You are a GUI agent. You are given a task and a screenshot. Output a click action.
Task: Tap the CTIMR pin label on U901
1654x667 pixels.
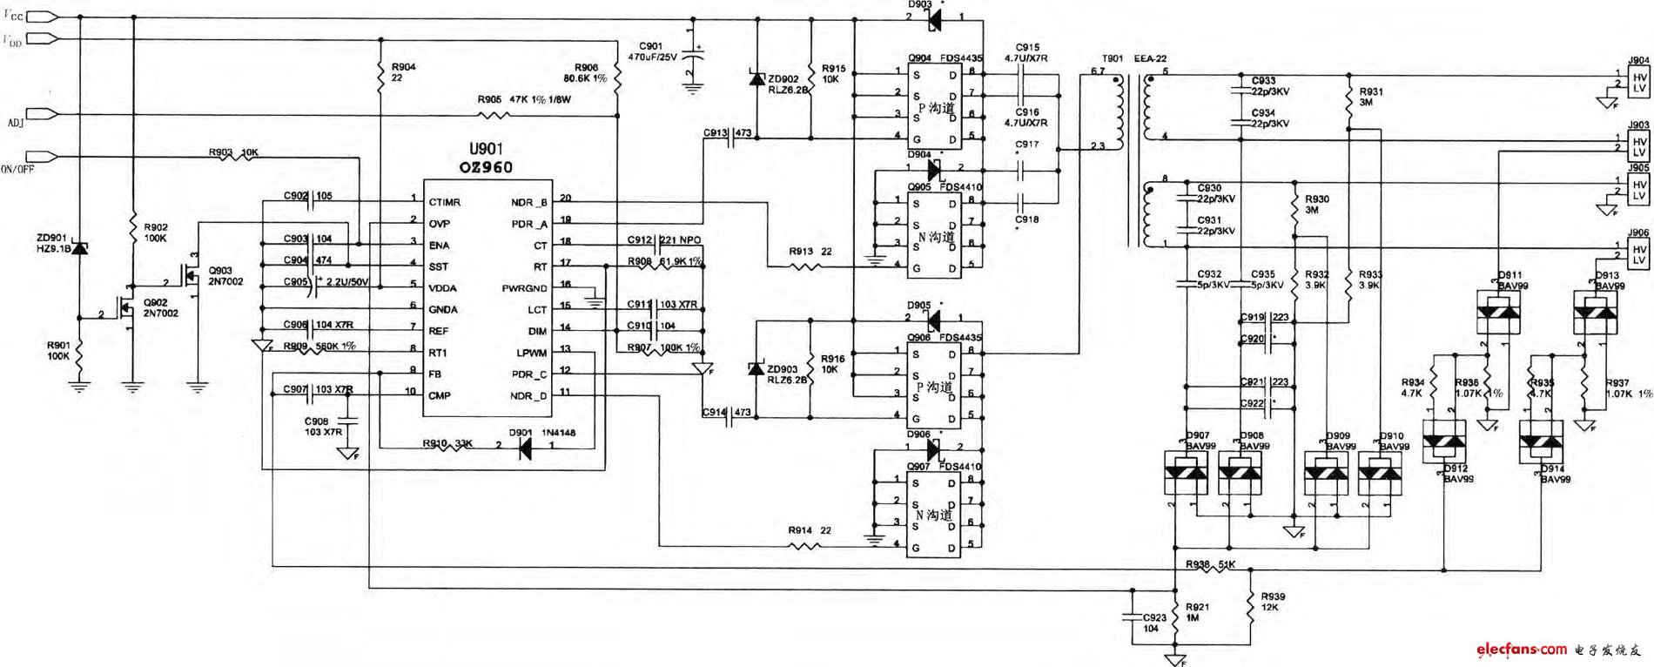click(x=444, y=203)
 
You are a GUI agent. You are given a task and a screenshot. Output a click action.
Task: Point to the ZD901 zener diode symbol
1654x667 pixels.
click(x=79, y=249)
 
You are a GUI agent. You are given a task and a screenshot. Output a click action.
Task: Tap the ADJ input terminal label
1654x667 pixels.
click(x=16, y=123)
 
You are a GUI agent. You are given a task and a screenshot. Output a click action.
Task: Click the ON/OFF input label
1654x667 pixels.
click(x=17, y=169)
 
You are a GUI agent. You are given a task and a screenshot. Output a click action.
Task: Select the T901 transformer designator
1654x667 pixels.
click(x=1113, y=58)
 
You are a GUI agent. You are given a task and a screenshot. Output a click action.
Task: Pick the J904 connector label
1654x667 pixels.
click(x=1638, y=61)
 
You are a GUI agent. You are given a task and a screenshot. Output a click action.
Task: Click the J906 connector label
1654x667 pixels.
click(x=1638, y=233)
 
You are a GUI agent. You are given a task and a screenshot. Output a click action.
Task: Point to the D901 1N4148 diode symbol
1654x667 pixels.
click(x=525, y=448)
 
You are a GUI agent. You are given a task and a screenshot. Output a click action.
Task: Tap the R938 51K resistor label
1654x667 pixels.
click(x=1210, y=564)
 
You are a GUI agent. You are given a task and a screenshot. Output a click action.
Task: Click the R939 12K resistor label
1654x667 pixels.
click(x=1272, y=602)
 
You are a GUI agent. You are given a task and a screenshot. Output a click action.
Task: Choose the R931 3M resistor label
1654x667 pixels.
click(x=1370, y=97)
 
